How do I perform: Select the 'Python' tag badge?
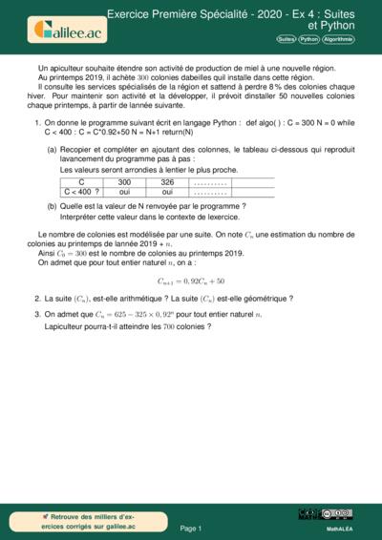pos(309,39)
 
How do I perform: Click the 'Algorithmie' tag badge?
pos(339,39)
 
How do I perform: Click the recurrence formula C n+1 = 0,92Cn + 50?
pos(191,281)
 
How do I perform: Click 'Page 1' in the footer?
pos(191,527)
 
